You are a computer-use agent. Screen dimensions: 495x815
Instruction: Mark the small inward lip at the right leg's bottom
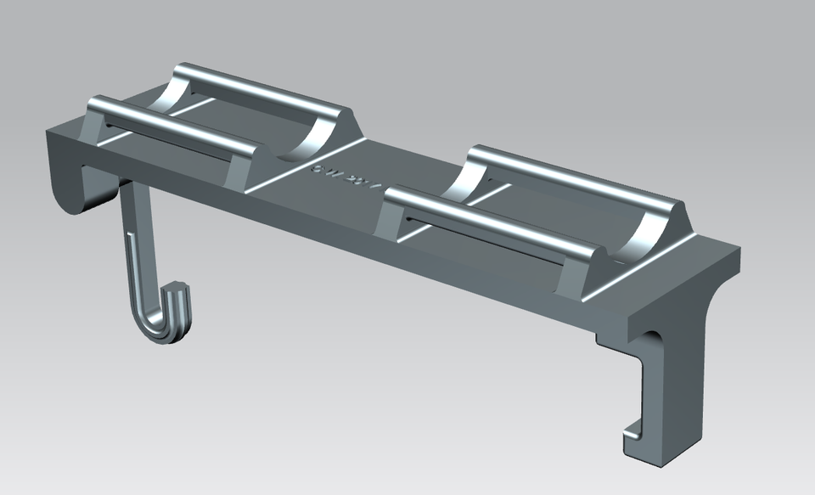click(632, 429)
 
